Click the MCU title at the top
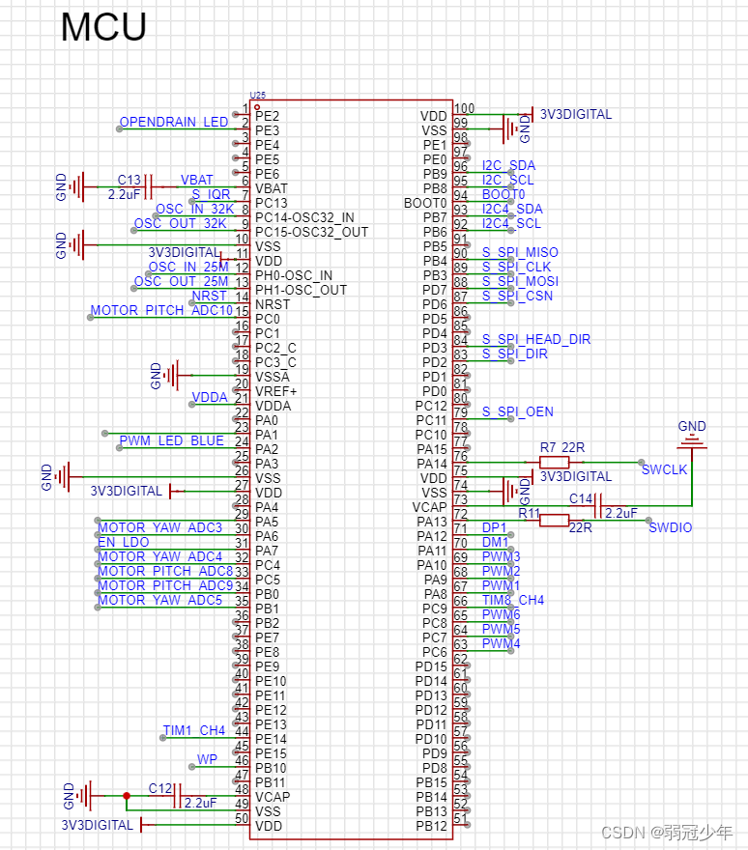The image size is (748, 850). [x=103, y=27]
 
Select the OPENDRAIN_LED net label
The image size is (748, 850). [x=174, y=123]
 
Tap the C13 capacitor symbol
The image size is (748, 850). [x=149, y=187]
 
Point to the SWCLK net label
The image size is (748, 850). [x=665, y=469]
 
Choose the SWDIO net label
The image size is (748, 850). [x=671, y=528]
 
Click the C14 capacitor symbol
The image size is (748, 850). [x=598, y=505]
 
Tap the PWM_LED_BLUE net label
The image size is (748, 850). [x=172, y=441]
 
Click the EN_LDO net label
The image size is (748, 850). [x=124, y=543]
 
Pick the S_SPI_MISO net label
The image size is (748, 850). [x=520, y=253]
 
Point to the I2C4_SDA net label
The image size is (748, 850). [x=512, y=210]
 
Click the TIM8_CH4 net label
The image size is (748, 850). [x=512, y=601]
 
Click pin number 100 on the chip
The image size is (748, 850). [x=465, y=109]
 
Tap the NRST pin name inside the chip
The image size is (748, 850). [x=272, y=304]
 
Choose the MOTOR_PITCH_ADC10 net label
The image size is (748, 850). [x=161, y=311]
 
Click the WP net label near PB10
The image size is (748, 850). [x=207, y=760]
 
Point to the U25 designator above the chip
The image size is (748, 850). [x=257, y=95]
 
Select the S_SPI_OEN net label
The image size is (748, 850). [x=518, y=412]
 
